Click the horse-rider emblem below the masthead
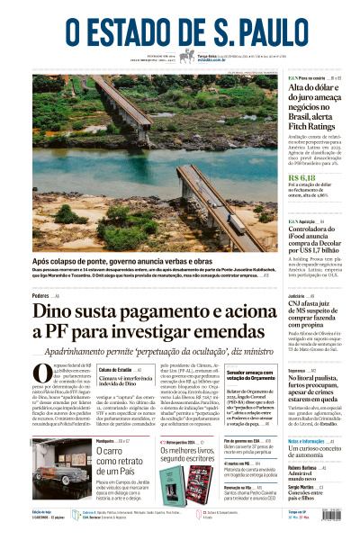[187, 57]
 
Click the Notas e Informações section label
[309, 441]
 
